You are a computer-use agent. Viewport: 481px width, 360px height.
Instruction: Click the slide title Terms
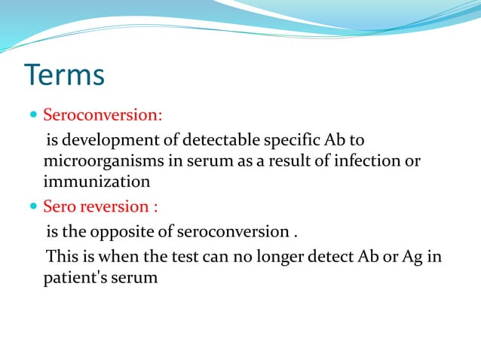[65, 76]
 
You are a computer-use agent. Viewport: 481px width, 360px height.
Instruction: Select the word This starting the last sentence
[63, 256]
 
